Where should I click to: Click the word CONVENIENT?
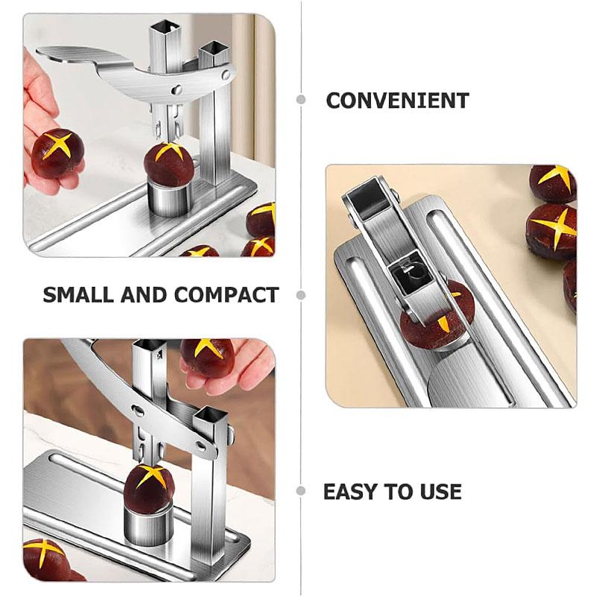pos(397,101)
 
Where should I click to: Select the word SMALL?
pos(78,294)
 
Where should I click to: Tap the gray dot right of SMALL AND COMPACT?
pos(301,294)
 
